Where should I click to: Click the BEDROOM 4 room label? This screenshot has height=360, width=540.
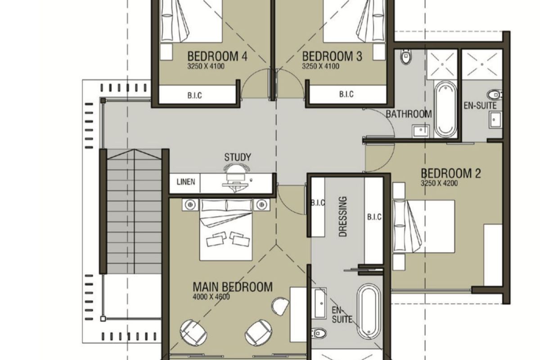coord(217,56)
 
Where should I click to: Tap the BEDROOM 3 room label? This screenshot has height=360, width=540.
coord(332,56)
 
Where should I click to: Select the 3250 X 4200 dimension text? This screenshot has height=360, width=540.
coord(439,183)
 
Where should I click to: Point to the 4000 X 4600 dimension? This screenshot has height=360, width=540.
coord(211,297)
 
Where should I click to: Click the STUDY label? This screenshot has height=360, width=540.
coord(238,157)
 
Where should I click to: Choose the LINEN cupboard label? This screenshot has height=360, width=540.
coord(186,182)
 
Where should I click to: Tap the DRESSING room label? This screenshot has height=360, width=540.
coord(343,216)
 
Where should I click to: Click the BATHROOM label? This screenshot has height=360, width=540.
coord(409,114)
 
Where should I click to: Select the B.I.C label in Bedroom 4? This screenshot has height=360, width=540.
coord(194,95)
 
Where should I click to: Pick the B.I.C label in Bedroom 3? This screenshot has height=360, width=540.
coord(346,94)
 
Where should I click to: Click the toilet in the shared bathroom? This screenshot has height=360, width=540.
coord(406,57)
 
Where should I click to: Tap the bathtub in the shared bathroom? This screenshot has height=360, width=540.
coord(445,109)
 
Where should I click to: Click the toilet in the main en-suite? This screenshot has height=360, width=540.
coord(319,333)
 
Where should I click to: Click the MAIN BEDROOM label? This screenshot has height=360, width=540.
coord(233,287)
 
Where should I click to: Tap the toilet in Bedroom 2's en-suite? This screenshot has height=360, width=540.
coord(495,95)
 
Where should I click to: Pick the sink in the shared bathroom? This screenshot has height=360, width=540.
coord(421,131)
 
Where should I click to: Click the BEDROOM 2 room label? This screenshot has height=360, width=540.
coord(451,174)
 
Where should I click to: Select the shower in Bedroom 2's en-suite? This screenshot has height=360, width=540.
coord(482,64)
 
